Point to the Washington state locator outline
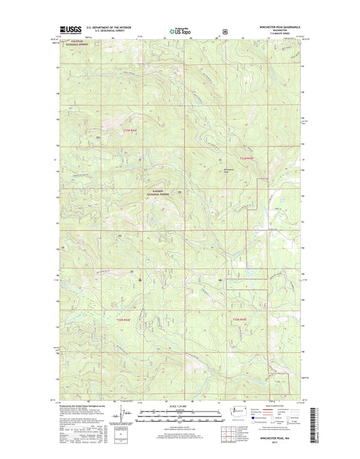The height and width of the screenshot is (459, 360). [x=237, y=411]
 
